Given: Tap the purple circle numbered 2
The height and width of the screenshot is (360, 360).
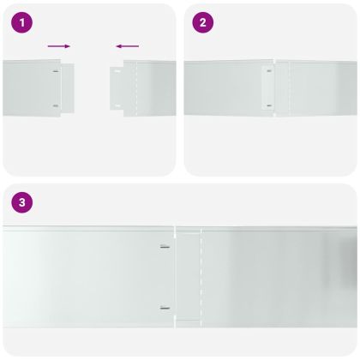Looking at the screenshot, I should tap(202, 23).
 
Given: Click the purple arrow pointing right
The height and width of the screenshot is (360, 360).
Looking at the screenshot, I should tap(59, 46).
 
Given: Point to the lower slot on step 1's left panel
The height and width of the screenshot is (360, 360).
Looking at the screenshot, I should tap(57, 106).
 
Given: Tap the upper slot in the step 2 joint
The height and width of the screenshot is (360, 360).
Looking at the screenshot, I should tap(268, 72).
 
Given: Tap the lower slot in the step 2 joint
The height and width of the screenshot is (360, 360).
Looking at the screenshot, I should tap(268, 105).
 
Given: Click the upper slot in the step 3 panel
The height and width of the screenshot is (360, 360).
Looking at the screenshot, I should tap(165, 247).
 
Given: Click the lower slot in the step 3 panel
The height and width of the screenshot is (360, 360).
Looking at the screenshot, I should tap(165, 308).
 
